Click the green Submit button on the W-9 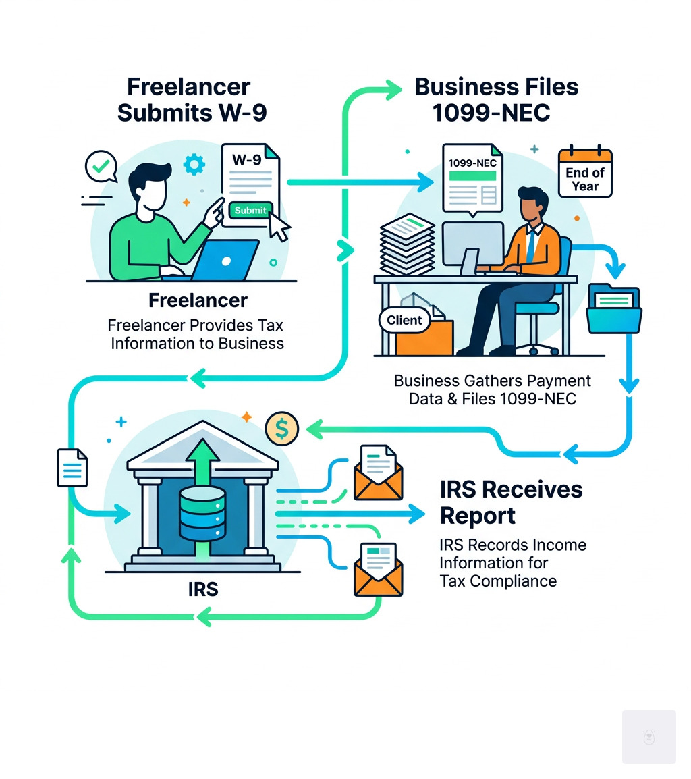click(x=250, y=210)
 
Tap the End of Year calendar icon click(x=584, y=173)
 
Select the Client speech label click(x=405, y=320)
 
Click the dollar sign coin click(x=282, y=428)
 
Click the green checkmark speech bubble click(x=100, y=166)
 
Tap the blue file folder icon click(x=614, y=308)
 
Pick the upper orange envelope click(x=378, y=473)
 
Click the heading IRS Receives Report click(x=511, y=502)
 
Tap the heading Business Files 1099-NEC click(x=496, y=99)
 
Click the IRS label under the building click(x=203, y=589)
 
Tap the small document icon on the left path click(x=72, y=467)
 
